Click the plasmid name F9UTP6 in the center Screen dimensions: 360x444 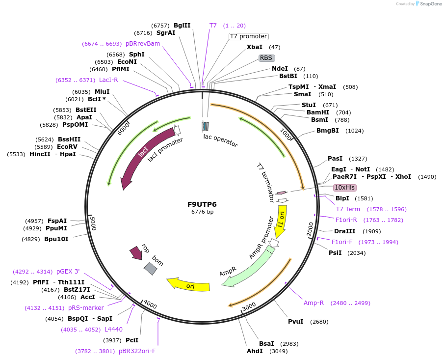202,204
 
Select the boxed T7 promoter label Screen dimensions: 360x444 249,36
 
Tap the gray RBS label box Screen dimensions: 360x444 266,58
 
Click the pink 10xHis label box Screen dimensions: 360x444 345,188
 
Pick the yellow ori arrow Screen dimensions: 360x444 188,285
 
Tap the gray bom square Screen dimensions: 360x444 151,268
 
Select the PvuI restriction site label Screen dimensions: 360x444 296,322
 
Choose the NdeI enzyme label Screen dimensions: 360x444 280,69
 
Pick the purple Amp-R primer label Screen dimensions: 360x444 313,303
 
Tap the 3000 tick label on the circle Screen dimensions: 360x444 249,306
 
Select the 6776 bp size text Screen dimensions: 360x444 202,212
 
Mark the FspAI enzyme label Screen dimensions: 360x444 57,221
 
